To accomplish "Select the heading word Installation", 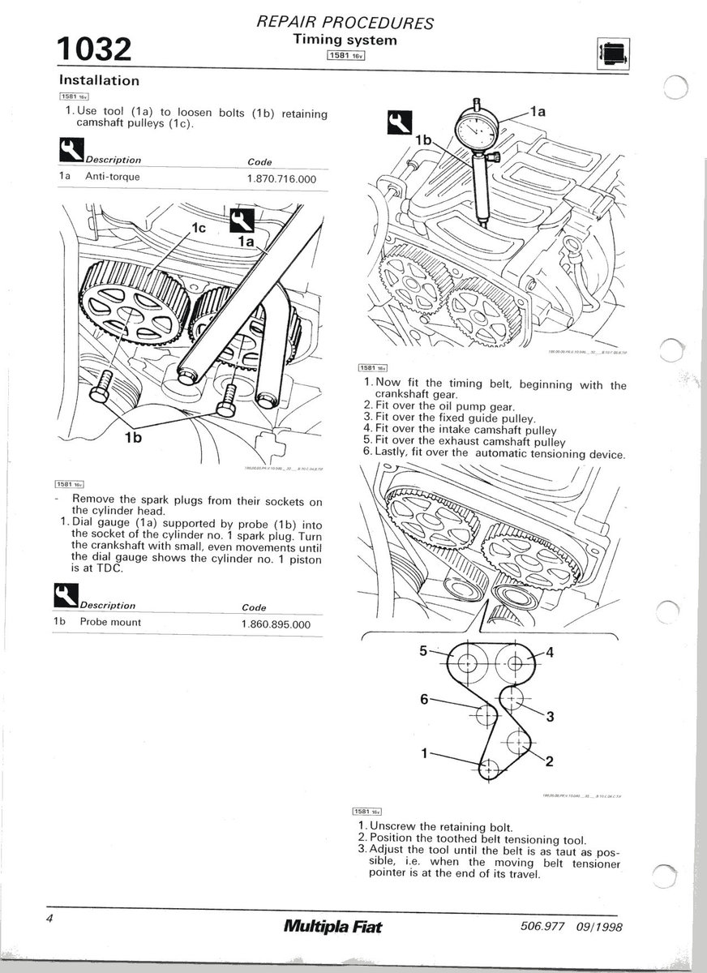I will (99, 80).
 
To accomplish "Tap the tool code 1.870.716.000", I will (281, 178).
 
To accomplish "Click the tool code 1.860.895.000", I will (276, 623).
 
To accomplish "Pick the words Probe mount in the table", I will (110, 622).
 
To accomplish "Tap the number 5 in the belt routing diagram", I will (422, 650).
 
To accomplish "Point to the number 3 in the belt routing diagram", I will (550, 715).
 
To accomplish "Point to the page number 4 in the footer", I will (50, 919).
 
